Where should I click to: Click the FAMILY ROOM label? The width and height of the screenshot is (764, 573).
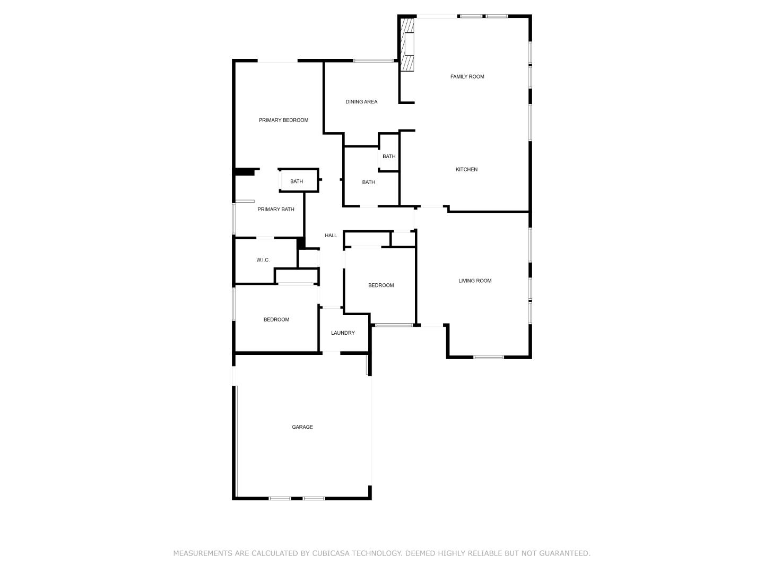pos(467,76)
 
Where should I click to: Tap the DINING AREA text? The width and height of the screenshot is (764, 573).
pos(361,102)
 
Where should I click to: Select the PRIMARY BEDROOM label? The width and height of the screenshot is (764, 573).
pos(283,120)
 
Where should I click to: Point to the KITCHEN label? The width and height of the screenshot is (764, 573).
pos(466,170)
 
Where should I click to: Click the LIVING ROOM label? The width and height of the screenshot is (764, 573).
pos(475,281)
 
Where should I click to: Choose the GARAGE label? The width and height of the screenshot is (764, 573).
pos(302,427)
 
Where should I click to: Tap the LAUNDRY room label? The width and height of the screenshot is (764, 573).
pos(343,333)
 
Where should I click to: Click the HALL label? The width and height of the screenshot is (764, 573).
pos(331,236)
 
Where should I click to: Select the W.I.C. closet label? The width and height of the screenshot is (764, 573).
pos(263,260)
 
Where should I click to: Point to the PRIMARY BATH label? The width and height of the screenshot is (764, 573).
pos(276,210)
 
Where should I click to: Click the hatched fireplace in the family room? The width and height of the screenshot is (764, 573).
pos(407,45)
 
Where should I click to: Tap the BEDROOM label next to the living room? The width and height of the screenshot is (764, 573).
pos(381,285)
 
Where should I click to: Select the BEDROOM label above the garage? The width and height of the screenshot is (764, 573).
pos(276,320)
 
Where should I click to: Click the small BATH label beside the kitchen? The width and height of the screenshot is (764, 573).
pos(389,157)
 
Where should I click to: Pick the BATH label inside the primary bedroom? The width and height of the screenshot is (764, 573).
pos(297,181)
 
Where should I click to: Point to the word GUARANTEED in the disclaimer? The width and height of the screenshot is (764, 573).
pos(565,553)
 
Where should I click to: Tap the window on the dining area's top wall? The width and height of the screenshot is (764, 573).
pos(374,60)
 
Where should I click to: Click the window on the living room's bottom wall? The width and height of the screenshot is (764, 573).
pos(489,357)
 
